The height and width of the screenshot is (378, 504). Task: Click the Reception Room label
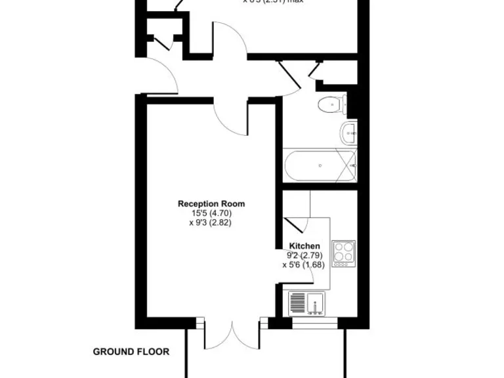206,204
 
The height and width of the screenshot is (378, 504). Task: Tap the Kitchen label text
304,246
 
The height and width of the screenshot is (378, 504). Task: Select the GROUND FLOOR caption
131,352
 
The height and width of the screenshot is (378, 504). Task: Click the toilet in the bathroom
331,104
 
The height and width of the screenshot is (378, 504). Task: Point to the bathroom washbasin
349,133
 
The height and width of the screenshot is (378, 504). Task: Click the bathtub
320,165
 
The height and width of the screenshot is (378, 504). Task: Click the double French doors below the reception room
232,335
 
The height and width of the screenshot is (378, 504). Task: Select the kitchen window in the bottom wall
314,322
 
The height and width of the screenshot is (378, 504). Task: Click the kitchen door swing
295,223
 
